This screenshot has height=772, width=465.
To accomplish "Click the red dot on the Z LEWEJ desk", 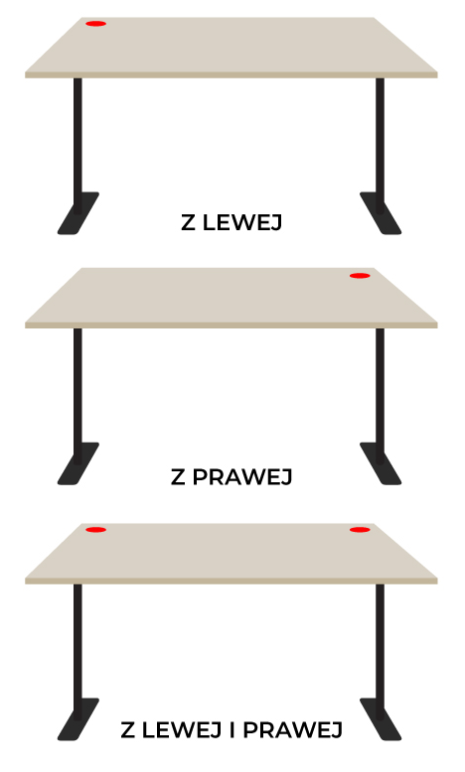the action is tap(95, 24).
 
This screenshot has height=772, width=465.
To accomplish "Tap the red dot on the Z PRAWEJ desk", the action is tap(360, 276).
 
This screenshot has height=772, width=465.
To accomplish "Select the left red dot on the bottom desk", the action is tap(95, 530).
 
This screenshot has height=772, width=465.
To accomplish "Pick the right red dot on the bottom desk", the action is tap(360, 530).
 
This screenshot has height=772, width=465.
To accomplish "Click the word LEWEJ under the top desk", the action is tap(242, 222).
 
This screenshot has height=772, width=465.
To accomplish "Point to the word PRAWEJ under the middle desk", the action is tap(242, 477).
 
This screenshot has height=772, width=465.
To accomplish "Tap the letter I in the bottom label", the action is tap(232, 730).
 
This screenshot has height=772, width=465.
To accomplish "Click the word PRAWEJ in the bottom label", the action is tap(292, 730).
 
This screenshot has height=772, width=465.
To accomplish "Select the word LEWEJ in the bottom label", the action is tap(182, 730).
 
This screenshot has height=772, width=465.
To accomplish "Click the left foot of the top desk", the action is tap(78, 213).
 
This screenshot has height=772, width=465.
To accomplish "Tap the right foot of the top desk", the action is tap(381, 213).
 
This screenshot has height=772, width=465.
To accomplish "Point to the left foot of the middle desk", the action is tap(78, 463).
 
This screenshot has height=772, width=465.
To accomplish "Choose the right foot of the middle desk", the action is tap(381, 463).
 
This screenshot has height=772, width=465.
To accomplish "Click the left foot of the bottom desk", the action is tap(78, 719).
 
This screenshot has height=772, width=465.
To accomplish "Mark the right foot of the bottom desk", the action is tap(381, 719).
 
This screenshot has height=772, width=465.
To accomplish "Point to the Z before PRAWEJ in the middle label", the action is tap(178, 477).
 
